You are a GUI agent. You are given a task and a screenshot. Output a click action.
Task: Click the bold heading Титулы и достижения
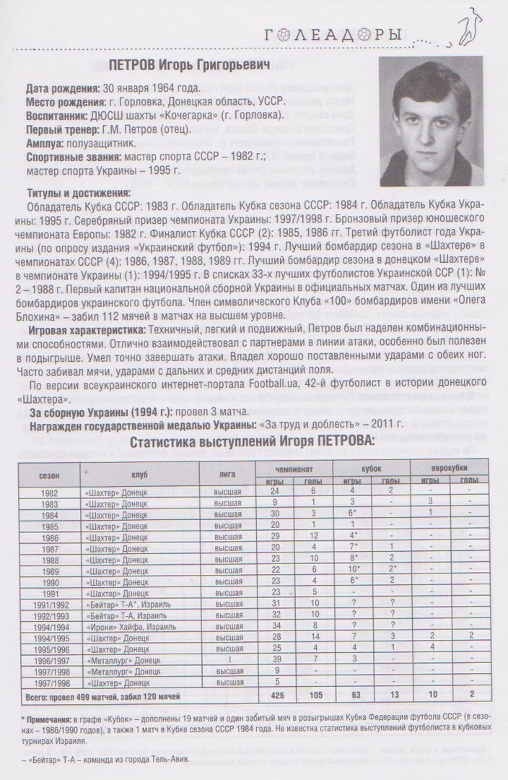[x=79, y=193]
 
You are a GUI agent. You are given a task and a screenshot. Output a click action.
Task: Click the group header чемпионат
[x=294, y=469]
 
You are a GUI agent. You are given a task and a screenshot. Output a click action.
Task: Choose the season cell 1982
[x=49, y=491]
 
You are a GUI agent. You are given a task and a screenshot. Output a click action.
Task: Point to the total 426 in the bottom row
[x=274, y=696]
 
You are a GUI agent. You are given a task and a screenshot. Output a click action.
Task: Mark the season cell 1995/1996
[x=49, y=649]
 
